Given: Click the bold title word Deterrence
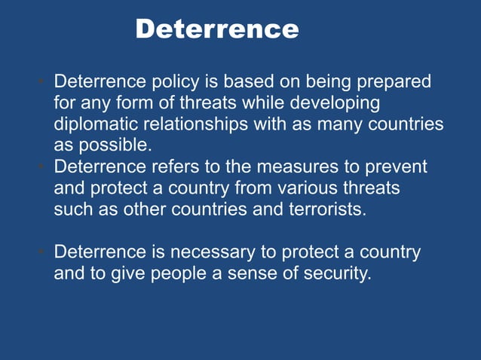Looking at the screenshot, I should pos(217,29).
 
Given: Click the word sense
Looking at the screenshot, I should pos(248,273).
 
